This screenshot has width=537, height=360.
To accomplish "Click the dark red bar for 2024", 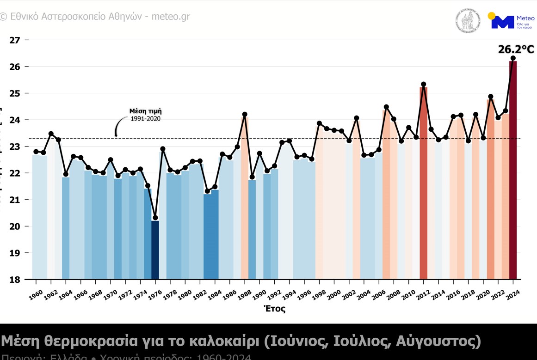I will (513, 171).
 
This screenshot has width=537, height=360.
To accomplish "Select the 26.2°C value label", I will (516, 49).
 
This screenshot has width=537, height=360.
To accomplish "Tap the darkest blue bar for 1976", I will (155, 250).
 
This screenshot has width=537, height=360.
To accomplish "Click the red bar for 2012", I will (423, 185).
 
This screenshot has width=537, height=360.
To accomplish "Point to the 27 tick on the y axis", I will (15, 40).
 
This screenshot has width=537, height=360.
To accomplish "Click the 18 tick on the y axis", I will (15, 279).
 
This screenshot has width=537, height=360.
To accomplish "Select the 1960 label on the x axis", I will (35, 294).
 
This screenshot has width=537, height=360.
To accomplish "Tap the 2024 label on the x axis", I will (512, 294).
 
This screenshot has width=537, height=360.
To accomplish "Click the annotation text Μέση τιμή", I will (145, 111).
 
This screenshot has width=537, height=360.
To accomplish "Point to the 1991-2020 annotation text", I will (145, 119).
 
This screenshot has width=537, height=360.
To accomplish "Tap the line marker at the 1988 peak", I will (245, 114).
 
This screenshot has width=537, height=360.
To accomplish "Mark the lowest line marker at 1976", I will (155, 218).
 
